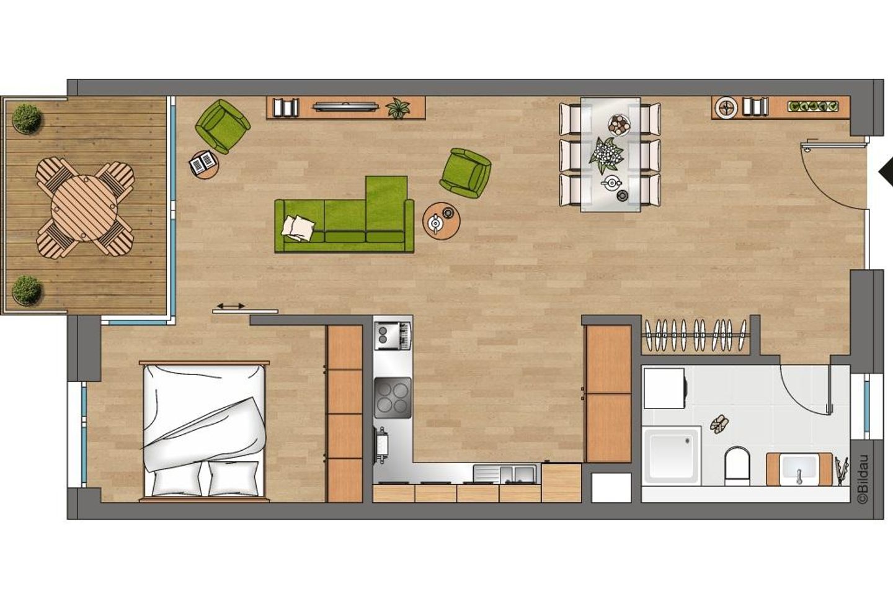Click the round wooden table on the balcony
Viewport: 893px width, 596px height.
(x=84, y=208)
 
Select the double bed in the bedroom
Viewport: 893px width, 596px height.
(x=204, y=431)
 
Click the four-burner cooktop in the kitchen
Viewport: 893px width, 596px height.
(x=393, y=398)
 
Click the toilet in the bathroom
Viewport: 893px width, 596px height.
(x=737, y=466)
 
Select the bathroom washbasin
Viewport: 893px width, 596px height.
(x=800, y=469)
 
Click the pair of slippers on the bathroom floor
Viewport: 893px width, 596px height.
(x=719, y=425)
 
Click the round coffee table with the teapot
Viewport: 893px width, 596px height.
(x=442, y=221)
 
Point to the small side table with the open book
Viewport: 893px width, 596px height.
(x=203, y=164)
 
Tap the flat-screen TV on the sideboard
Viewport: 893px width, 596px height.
(x=345, y=107)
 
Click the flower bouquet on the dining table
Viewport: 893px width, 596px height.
(x=605, y=155)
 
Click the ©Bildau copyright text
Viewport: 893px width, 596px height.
(x=863, y=479)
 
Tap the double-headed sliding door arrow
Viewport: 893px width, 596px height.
(x=231, y=306)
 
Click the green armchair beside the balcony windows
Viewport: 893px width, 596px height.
(x=223, y=126)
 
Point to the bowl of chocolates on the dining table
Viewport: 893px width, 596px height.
(x=619, y=125)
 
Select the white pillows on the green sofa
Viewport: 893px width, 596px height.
(x=298, y=228)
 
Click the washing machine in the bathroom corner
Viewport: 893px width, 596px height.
(x=665, y=388)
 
